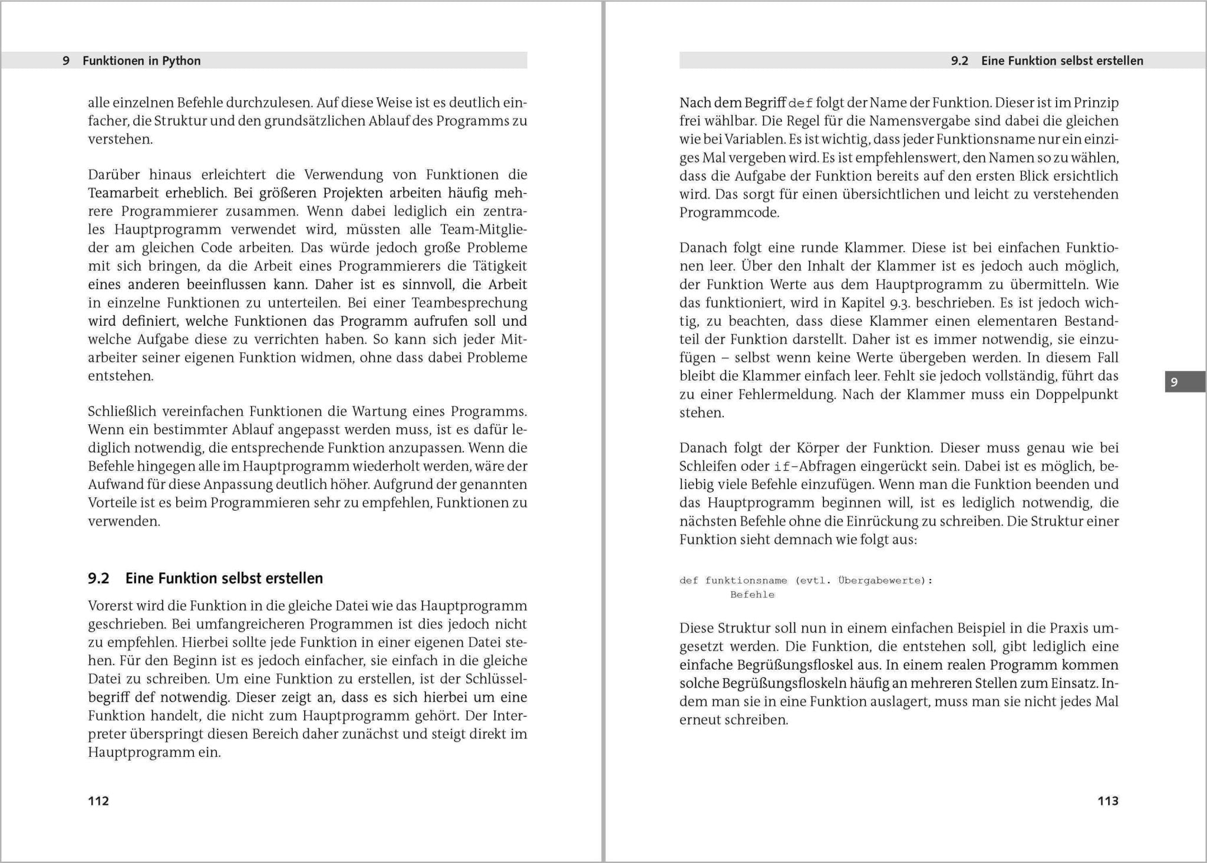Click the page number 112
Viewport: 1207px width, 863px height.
(x=98, y=801)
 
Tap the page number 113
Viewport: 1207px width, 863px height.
(x=1107, y=801)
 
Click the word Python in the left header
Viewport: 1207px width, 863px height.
(x=182, y=61)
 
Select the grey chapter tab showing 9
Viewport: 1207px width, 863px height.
(x=1185, y=382)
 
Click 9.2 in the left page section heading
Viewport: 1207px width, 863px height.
(x=99, y=578)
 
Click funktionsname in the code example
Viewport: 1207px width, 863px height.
(x=746, y=581)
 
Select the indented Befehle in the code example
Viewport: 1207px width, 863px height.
(x=752, y=595)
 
